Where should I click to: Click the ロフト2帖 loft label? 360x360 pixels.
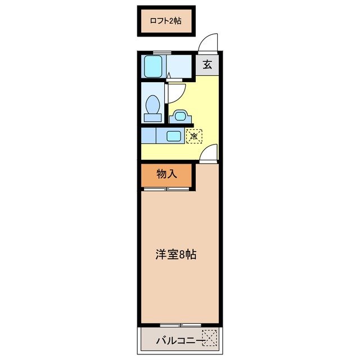[165, 21]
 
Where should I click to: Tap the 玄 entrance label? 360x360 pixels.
[207, 64]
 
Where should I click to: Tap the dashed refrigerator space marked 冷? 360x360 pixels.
[194, 136]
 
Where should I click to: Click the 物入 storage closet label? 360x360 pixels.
[166, 174]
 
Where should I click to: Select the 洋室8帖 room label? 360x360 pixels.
[176, 254]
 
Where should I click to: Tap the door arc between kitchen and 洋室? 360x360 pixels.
[209, 152]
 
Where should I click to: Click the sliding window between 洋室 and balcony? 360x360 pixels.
[179, 325]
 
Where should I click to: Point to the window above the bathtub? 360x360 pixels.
[162, 53]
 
